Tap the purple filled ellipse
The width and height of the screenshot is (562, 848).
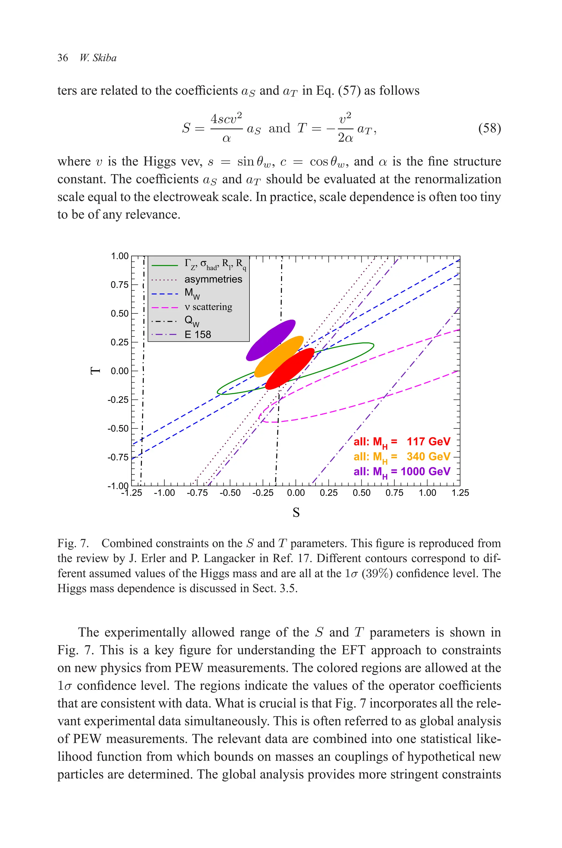tap(271, 339)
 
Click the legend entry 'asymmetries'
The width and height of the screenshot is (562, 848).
tap(213, 279)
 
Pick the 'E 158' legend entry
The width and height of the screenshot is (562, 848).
tap(198, 334)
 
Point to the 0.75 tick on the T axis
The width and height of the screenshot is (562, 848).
tap(119, 285)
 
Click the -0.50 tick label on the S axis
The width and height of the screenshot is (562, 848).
tap(230, 493)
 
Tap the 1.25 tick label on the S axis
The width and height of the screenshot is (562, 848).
tap(460, 493)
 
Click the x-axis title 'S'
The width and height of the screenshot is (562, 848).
tap(296, 513)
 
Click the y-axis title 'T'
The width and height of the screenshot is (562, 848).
tap(95, 370)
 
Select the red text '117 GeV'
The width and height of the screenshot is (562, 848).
tap(428, 442)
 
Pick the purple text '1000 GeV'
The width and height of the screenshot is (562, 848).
tap(425, 471)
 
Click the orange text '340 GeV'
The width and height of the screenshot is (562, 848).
tap(428, 457)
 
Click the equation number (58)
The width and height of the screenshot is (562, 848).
tap(489, 128)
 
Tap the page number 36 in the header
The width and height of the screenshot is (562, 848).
tap(63, 58)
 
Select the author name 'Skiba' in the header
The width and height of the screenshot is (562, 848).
tap(104, 58)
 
